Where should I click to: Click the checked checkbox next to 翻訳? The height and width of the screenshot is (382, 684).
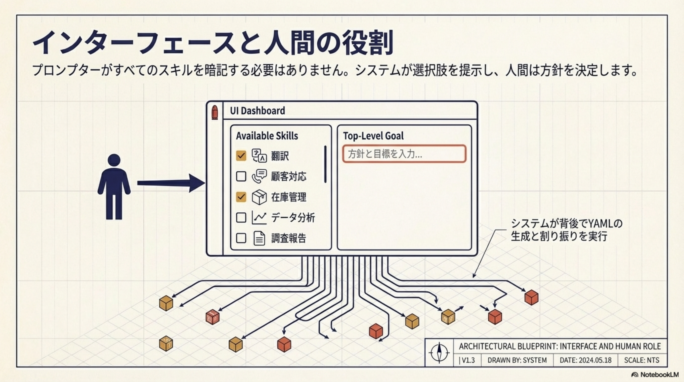pyautogui.click(x=241, y=156)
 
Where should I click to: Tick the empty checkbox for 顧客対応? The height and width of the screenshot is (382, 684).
pyautogui.click(x=241, y=176)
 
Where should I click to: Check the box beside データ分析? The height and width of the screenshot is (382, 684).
pyautogui.click(x=241, y=218)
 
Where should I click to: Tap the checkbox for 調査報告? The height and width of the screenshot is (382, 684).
pyautogui.click(x=241, y=238)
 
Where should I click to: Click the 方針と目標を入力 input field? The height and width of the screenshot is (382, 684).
pyautogui.click(x=404, y=154)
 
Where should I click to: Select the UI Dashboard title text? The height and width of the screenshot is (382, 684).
pyautogui.click(x=257, y=111)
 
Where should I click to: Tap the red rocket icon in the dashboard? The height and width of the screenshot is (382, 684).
pyautogui.click(x=214, y=112)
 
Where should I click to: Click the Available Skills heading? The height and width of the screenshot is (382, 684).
pyautogui.click(x=267, y=136)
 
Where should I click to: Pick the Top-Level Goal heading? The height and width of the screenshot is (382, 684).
pyautogui.click(x=373, y=136)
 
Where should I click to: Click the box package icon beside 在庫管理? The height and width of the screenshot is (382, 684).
pyautogui.click(x=259, y=197)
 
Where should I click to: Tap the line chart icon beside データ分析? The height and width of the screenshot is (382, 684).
pyautogui.click(x=259, y=218)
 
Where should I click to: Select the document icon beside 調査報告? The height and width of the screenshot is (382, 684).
pyautogui.click(x=259, y=238)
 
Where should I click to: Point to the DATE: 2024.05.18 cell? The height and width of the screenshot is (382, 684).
pyautogui.click(x=585, y=360)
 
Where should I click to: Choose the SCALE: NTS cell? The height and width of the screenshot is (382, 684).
pyautogui.click(x=641, y=360)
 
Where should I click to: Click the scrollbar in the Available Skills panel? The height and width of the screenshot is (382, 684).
pyautogui.click(x=325, y=164)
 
